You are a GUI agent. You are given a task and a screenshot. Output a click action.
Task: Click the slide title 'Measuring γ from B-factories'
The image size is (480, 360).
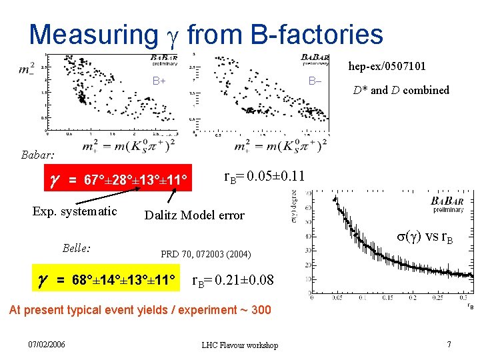(206, 34)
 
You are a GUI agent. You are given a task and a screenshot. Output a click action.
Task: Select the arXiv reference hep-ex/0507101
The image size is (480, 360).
(387, 66)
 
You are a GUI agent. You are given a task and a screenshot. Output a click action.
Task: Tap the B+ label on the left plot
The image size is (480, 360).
(159, 82)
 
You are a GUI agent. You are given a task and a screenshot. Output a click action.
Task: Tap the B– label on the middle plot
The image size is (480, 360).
(315, 81)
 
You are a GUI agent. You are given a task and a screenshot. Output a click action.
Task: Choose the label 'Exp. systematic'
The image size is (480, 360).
(75, 211)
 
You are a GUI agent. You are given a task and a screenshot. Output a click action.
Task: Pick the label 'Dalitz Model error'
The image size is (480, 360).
(195, 215)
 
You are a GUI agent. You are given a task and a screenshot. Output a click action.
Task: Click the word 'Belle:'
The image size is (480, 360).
(77, 248)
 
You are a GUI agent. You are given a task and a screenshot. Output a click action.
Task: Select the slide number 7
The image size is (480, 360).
(449, 344)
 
